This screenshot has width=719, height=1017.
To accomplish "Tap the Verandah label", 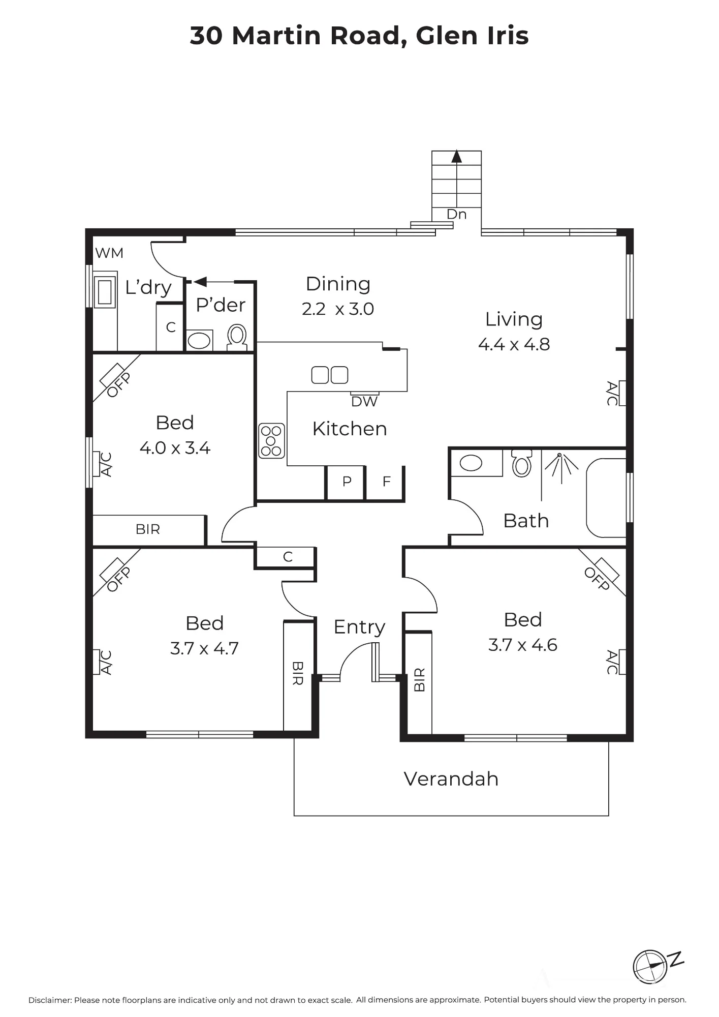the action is (x=451, y=779).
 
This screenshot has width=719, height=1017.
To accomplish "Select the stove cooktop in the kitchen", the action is (x=271, y=441).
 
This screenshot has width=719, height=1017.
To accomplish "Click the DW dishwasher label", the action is (x=364, y=402).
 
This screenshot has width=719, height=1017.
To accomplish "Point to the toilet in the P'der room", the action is (x=236, y=338).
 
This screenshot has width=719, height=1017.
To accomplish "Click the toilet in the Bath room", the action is (x=521, y=463).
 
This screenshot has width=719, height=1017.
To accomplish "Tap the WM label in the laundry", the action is (x=109, y=253).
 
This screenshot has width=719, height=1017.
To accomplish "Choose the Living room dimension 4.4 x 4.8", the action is (x=514, y=344).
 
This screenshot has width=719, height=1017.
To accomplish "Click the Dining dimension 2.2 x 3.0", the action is (x=338, y=309).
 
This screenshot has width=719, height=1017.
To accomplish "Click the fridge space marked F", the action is (x=386, y=482).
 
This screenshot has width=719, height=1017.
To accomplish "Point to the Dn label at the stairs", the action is (x=456, y=215).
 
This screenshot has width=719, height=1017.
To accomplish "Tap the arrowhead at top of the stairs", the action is (x=457, y=156).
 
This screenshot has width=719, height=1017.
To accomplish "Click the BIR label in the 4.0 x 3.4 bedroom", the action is (x=148, y=530).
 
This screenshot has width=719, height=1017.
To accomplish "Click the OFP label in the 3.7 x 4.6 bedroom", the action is (x=597, y=579).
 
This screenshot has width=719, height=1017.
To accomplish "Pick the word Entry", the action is (x=359, y=627).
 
